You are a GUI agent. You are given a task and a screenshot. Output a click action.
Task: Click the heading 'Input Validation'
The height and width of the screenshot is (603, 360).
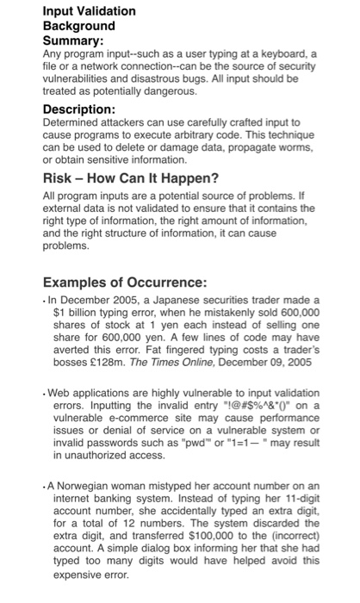(x=90, y=11)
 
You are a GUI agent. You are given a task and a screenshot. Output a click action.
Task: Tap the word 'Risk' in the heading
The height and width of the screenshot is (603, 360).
(x=59, y=180)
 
